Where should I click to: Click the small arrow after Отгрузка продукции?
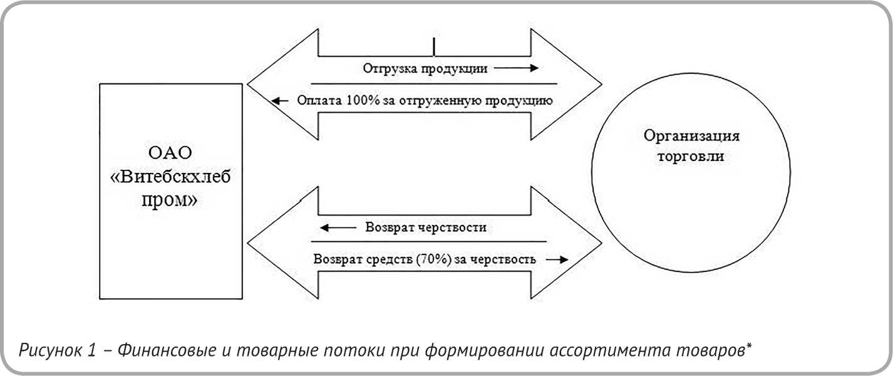tap(519, 68)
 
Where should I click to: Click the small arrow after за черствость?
tap(554, 259)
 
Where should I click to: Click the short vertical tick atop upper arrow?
tap(433, 46)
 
